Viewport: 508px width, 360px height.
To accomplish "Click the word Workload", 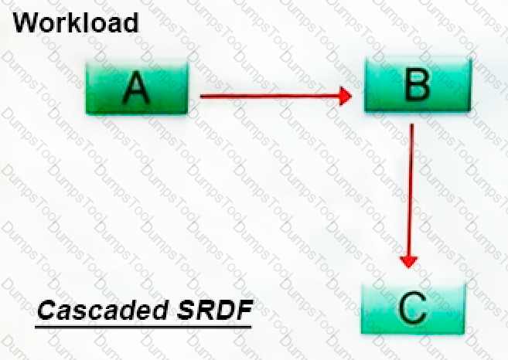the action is pos(76,22).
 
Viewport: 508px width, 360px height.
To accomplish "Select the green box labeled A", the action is pos(137,88).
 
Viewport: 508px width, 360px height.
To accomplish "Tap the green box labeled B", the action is pos(418,85).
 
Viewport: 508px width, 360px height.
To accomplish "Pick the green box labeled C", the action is pos(413,308).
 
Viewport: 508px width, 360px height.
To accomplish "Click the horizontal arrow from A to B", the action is pos(276,96).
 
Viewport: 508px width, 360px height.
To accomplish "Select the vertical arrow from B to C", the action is pos(410,196).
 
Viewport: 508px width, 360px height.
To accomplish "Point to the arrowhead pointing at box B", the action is pos(346,96).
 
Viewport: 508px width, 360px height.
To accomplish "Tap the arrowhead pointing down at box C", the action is pos(409,262).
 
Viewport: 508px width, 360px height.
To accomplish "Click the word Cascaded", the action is pos(103,310).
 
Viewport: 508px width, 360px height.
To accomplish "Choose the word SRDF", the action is pos(214,310).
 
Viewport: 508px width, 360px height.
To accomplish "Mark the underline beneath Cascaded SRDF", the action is pos(143,328).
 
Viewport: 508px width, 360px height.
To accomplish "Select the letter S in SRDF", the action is pos(186,310).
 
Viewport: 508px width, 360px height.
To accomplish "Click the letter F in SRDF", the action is pos(243,310).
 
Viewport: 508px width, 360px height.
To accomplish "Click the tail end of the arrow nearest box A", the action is pos(200,96).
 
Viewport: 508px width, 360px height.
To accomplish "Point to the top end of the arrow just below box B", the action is pos(412,124).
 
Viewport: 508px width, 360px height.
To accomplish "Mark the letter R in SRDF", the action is pos(205,310).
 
